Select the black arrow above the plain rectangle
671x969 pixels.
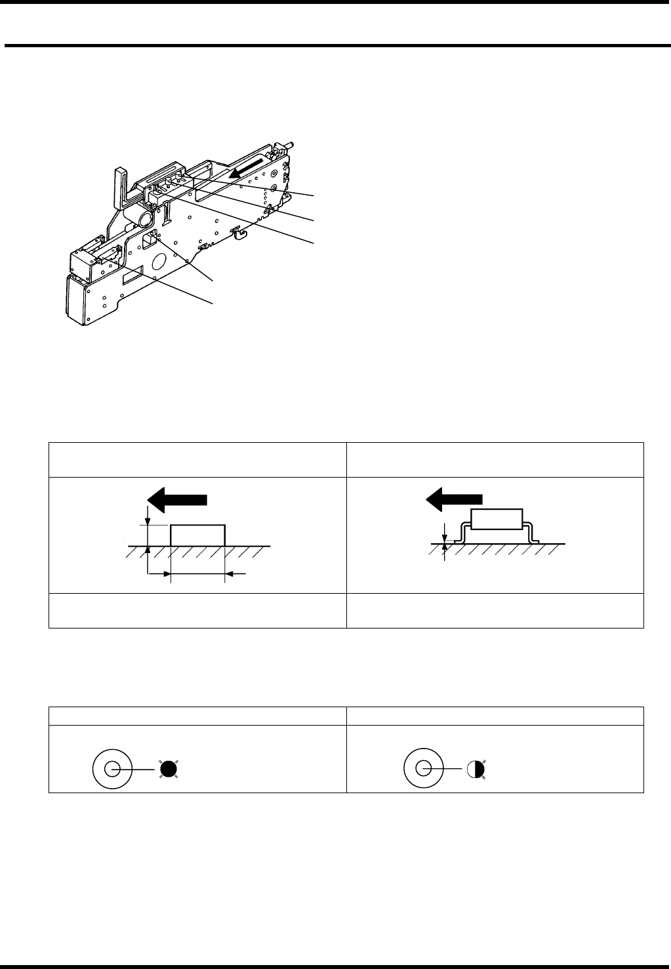177,501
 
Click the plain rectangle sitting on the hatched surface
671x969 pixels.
197,535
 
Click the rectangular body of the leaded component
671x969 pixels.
497,519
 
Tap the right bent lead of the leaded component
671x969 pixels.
533,533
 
